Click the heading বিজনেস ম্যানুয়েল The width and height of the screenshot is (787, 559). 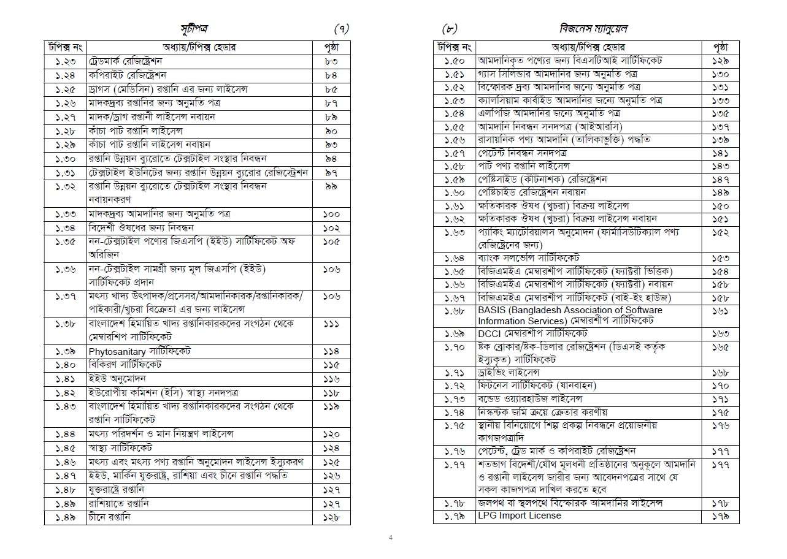pos(593,29)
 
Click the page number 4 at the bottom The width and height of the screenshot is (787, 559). pos(391,538)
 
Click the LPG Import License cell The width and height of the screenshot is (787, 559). pos(519,515)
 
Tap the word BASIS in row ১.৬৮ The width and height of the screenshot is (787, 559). pos(491,310)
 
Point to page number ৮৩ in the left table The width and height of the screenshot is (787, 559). pos(331,62)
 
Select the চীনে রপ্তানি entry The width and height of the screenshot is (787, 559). pos(110,517)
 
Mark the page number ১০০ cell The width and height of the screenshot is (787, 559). pos(331,215)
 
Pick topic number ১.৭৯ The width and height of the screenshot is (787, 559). pos(454,516)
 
